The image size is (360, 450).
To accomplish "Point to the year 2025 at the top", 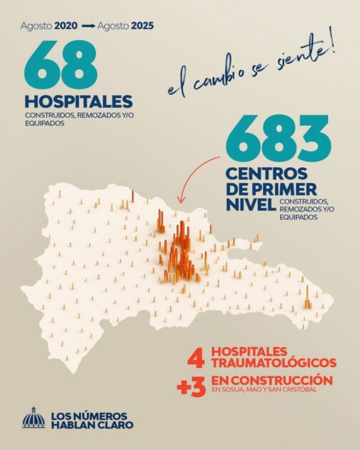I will click(x=139, y=26).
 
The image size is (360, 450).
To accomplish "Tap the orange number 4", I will click(x=192, y=359).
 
